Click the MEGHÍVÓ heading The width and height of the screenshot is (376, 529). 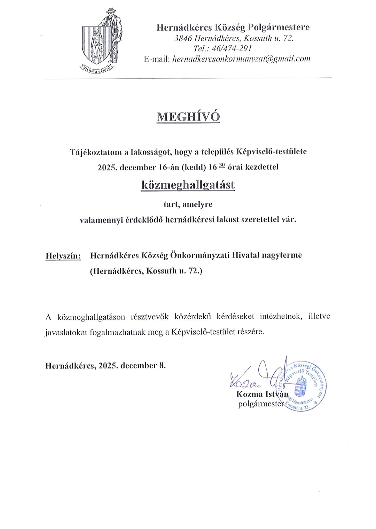(188, 117)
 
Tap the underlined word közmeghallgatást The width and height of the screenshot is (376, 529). (188, 185)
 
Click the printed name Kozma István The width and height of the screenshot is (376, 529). (263, 394)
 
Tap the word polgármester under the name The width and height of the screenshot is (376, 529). (259, 404)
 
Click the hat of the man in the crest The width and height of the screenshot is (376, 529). (110, 10)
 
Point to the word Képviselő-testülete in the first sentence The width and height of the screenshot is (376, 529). (272, 152)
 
